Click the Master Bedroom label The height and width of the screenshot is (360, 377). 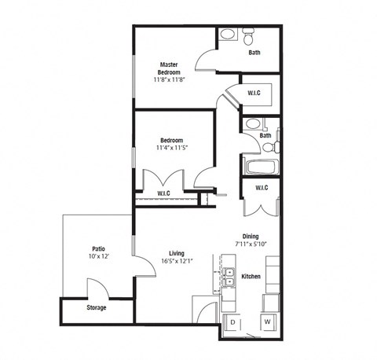point(171,68)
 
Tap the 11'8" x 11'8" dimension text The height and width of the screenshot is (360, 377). point(171,79)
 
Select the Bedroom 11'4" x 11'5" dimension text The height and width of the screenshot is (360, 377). point(171,146)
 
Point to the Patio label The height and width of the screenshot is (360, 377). point(98,248)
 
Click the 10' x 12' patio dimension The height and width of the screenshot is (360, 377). point(98,257)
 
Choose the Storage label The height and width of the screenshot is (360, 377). point(97,307)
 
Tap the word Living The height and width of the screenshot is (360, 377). point(176,252)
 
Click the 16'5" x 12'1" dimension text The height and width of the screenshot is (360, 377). point(176,261)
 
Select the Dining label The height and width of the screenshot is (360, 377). point(251,236)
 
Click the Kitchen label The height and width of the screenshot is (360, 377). point(251,276)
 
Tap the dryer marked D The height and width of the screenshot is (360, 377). point(232,322)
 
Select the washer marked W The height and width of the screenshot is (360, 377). point(267,322)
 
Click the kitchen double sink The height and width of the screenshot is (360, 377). point(229,277)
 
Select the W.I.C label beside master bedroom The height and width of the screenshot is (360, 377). point(254,94)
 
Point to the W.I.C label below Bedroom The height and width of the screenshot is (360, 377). point(164,193)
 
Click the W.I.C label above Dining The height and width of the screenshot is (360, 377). point(262,187)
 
